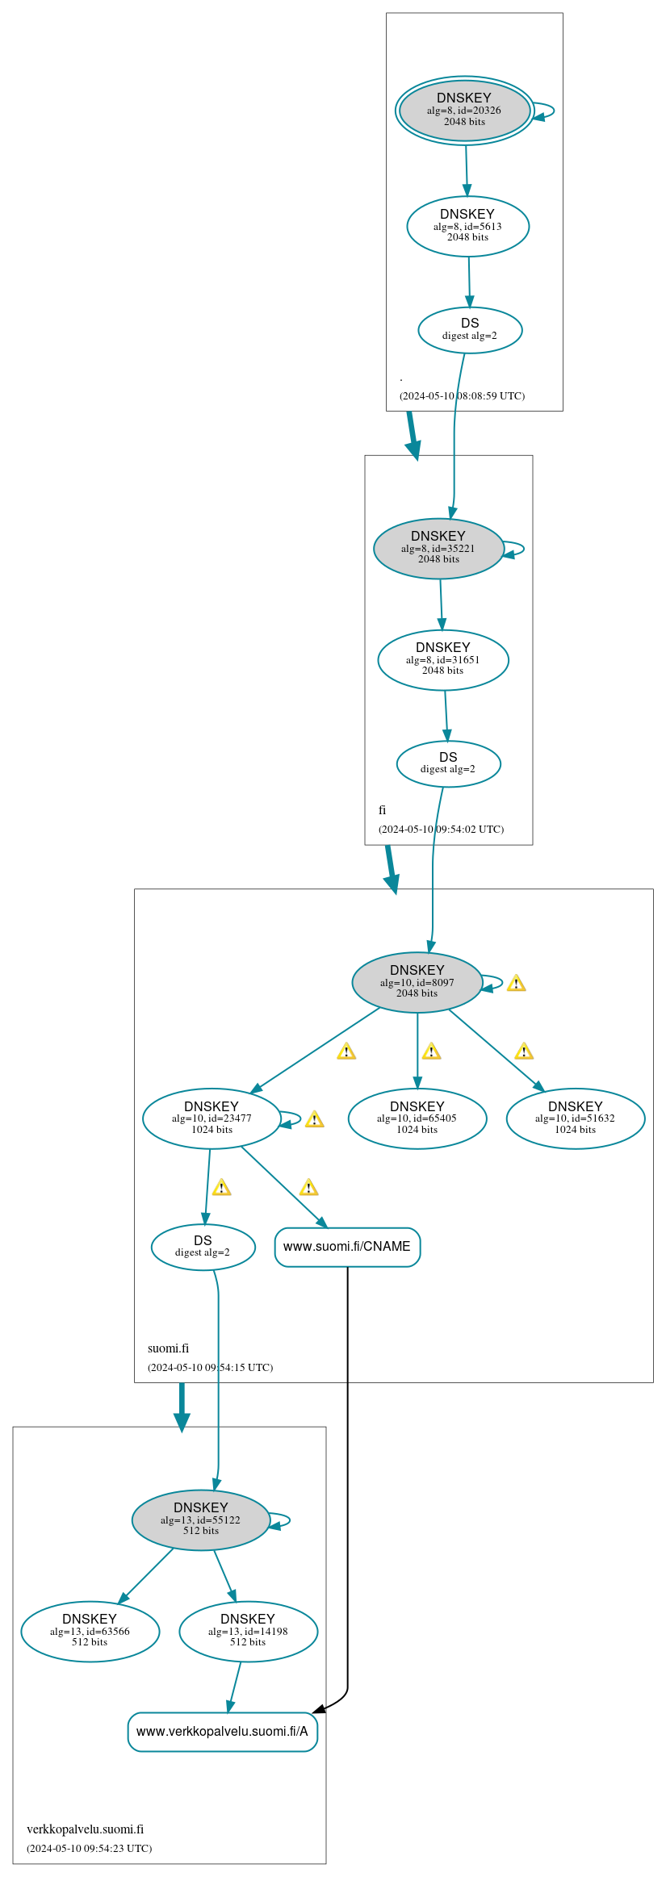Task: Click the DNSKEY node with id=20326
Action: tap(464, 111)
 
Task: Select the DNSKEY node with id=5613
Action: tap(467, 227)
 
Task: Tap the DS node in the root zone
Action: tap(470, 330)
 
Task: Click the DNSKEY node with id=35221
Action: tap(438, 549)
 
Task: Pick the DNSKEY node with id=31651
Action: tap(443, 660)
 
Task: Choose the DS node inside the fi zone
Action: tap(448, 763)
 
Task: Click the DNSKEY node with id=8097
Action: tap(417, 982)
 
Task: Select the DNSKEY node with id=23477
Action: tap(212, 1118)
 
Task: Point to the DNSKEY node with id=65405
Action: tap(417, 1118)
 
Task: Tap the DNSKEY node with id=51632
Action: tap(576, 1118)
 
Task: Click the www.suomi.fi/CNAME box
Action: tap(347, 1247)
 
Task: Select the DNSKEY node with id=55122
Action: tap(201, 1520)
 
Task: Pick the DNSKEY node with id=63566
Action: tap(90, 1631)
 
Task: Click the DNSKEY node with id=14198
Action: tap(248, 1631)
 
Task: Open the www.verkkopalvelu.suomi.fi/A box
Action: tap(222, 1732)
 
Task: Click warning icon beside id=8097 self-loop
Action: tap(516, 983)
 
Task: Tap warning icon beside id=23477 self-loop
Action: tap(314, 1119)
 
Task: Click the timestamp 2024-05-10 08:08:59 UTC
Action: tap(462, 396)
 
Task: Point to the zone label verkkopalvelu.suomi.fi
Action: tap(85, 1829)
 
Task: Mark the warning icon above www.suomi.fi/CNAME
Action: tap(308, 1187)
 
